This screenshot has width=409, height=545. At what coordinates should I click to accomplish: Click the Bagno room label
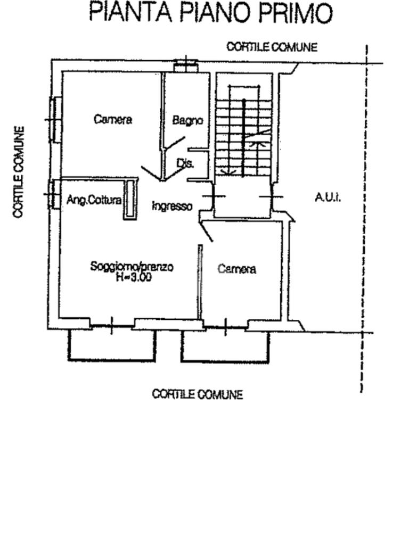[187, 121]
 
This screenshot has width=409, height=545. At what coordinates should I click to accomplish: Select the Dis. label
[184, 164]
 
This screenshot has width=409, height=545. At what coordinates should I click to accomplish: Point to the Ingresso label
[171, 206]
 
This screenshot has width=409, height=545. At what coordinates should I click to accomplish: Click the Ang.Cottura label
[94, 200]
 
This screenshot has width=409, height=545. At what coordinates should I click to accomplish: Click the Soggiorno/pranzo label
[132, 267]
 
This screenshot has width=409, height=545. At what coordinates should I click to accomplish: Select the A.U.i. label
[327, 198]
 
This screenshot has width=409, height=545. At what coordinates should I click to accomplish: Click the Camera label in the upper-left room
[112, 119]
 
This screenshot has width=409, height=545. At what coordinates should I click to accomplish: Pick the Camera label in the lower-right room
[236, 269]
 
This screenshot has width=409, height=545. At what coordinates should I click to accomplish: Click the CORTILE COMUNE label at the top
[272, 47]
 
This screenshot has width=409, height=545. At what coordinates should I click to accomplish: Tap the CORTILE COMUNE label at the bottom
[197, 394]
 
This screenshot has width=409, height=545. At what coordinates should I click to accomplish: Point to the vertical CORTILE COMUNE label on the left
[20, 171]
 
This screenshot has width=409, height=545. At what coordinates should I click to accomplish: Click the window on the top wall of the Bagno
[185, 65]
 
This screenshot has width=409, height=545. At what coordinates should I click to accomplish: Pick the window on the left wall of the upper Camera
[54, 119]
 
